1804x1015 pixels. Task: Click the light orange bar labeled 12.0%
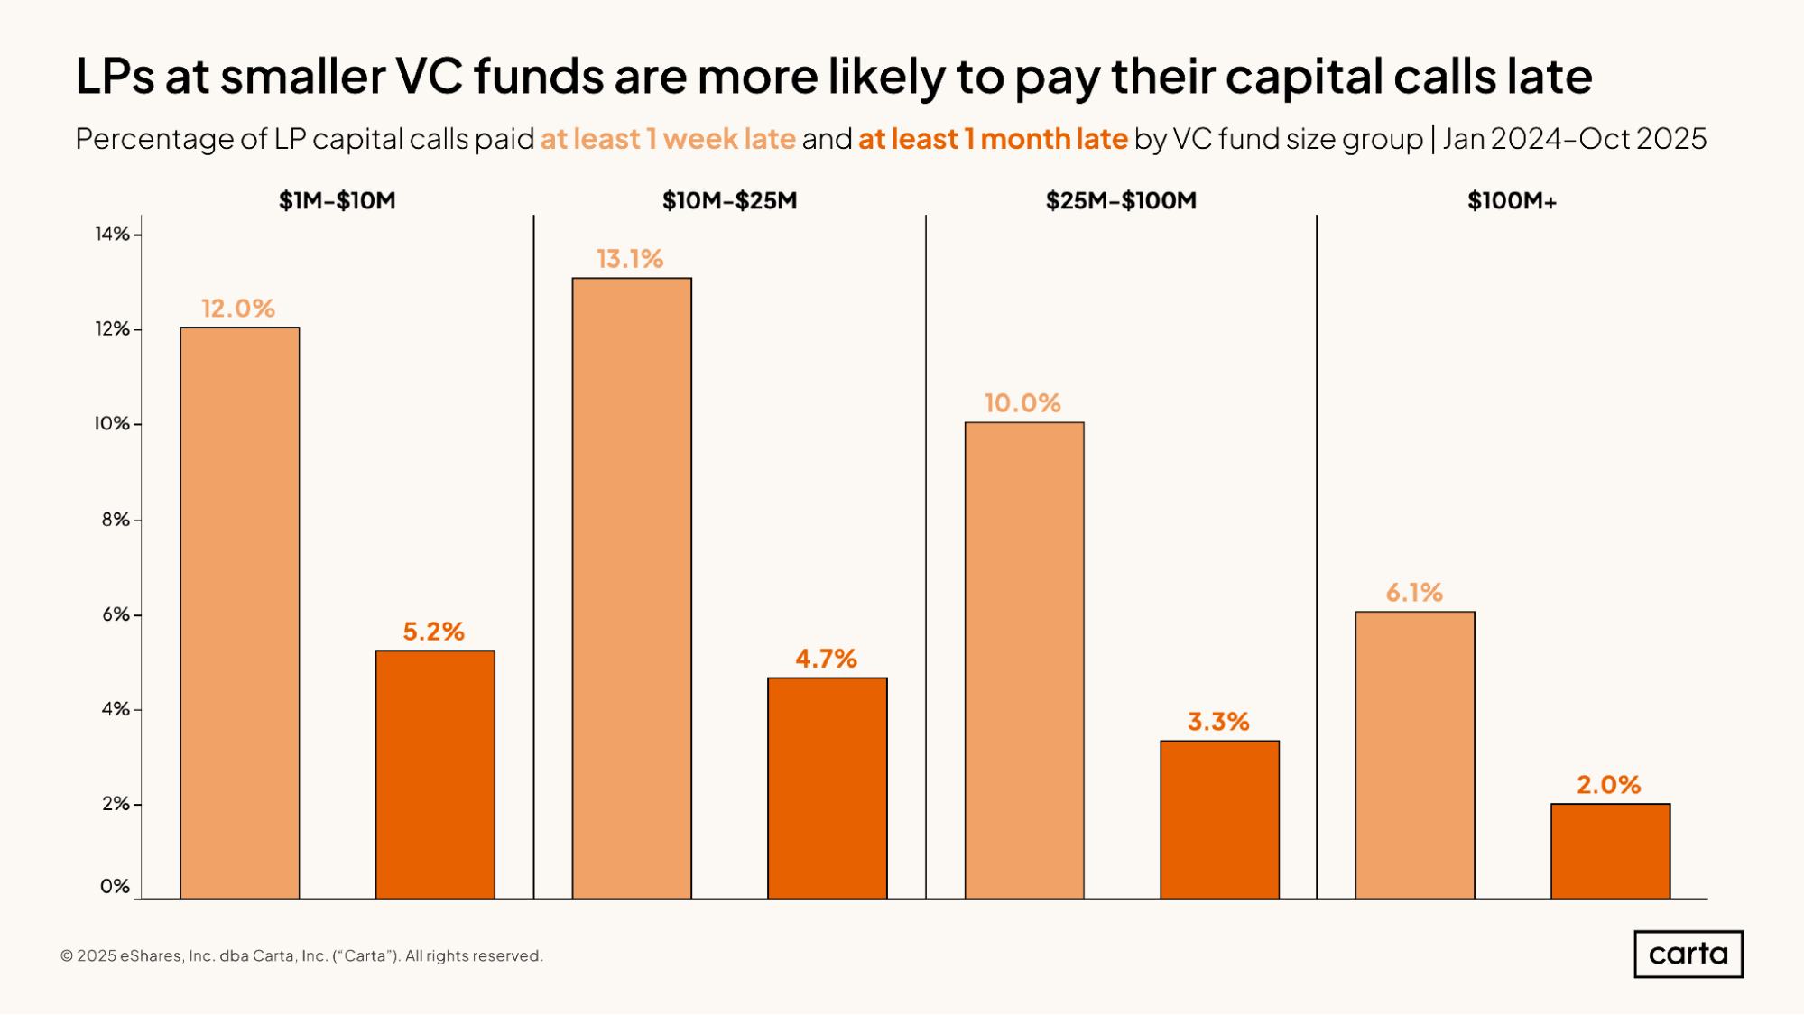(x=239, y=613)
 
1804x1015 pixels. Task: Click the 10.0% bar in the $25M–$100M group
(x=1023, y=660)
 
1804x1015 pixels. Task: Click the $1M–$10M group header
(x=337, y=200)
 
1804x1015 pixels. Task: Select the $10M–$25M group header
(x=729, y=200)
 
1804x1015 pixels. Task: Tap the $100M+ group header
(x=1512, y=200)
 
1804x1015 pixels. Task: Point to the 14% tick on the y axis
(x=113, y=235)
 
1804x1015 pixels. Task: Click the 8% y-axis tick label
(x=116, y=520)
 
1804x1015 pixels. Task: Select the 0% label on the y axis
(x=115, y=886)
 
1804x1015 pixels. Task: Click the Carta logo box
(x=1688, y=954)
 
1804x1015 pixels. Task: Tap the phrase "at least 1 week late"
(x=668, y=139)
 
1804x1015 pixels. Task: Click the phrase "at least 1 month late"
(x=993, y=139)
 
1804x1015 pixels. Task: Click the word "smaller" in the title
(x=303, y=76)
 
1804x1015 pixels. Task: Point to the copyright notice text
(x=301, y=955)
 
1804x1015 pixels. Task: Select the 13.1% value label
(x=630, y=260)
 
